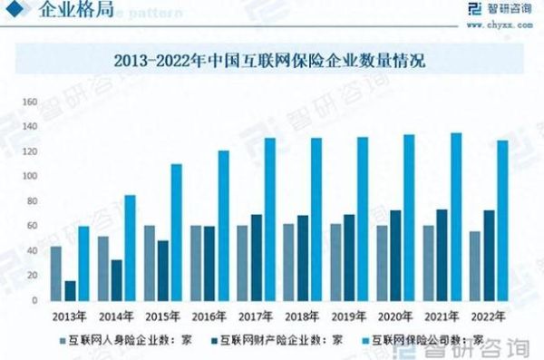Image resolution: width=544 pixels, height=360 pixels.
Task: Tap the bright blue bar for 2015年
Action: click(x=177, y=232)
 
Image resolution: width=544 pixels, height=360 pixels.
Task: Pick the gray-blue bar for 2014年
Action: click(x=102, y=268)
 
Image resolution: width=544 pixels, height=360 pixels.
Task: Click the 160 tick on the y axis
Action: click(x=29, y=102)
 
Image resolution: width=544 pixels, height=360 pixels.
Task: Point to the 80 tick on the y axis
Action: click(x=31, y=200)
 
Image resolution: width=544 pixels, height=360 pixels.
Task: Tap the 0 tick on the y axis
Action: click(x=34, y=300)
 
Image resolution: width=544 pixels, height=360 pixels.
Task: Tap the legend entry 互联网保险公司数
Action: click(x=418, y=340)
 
